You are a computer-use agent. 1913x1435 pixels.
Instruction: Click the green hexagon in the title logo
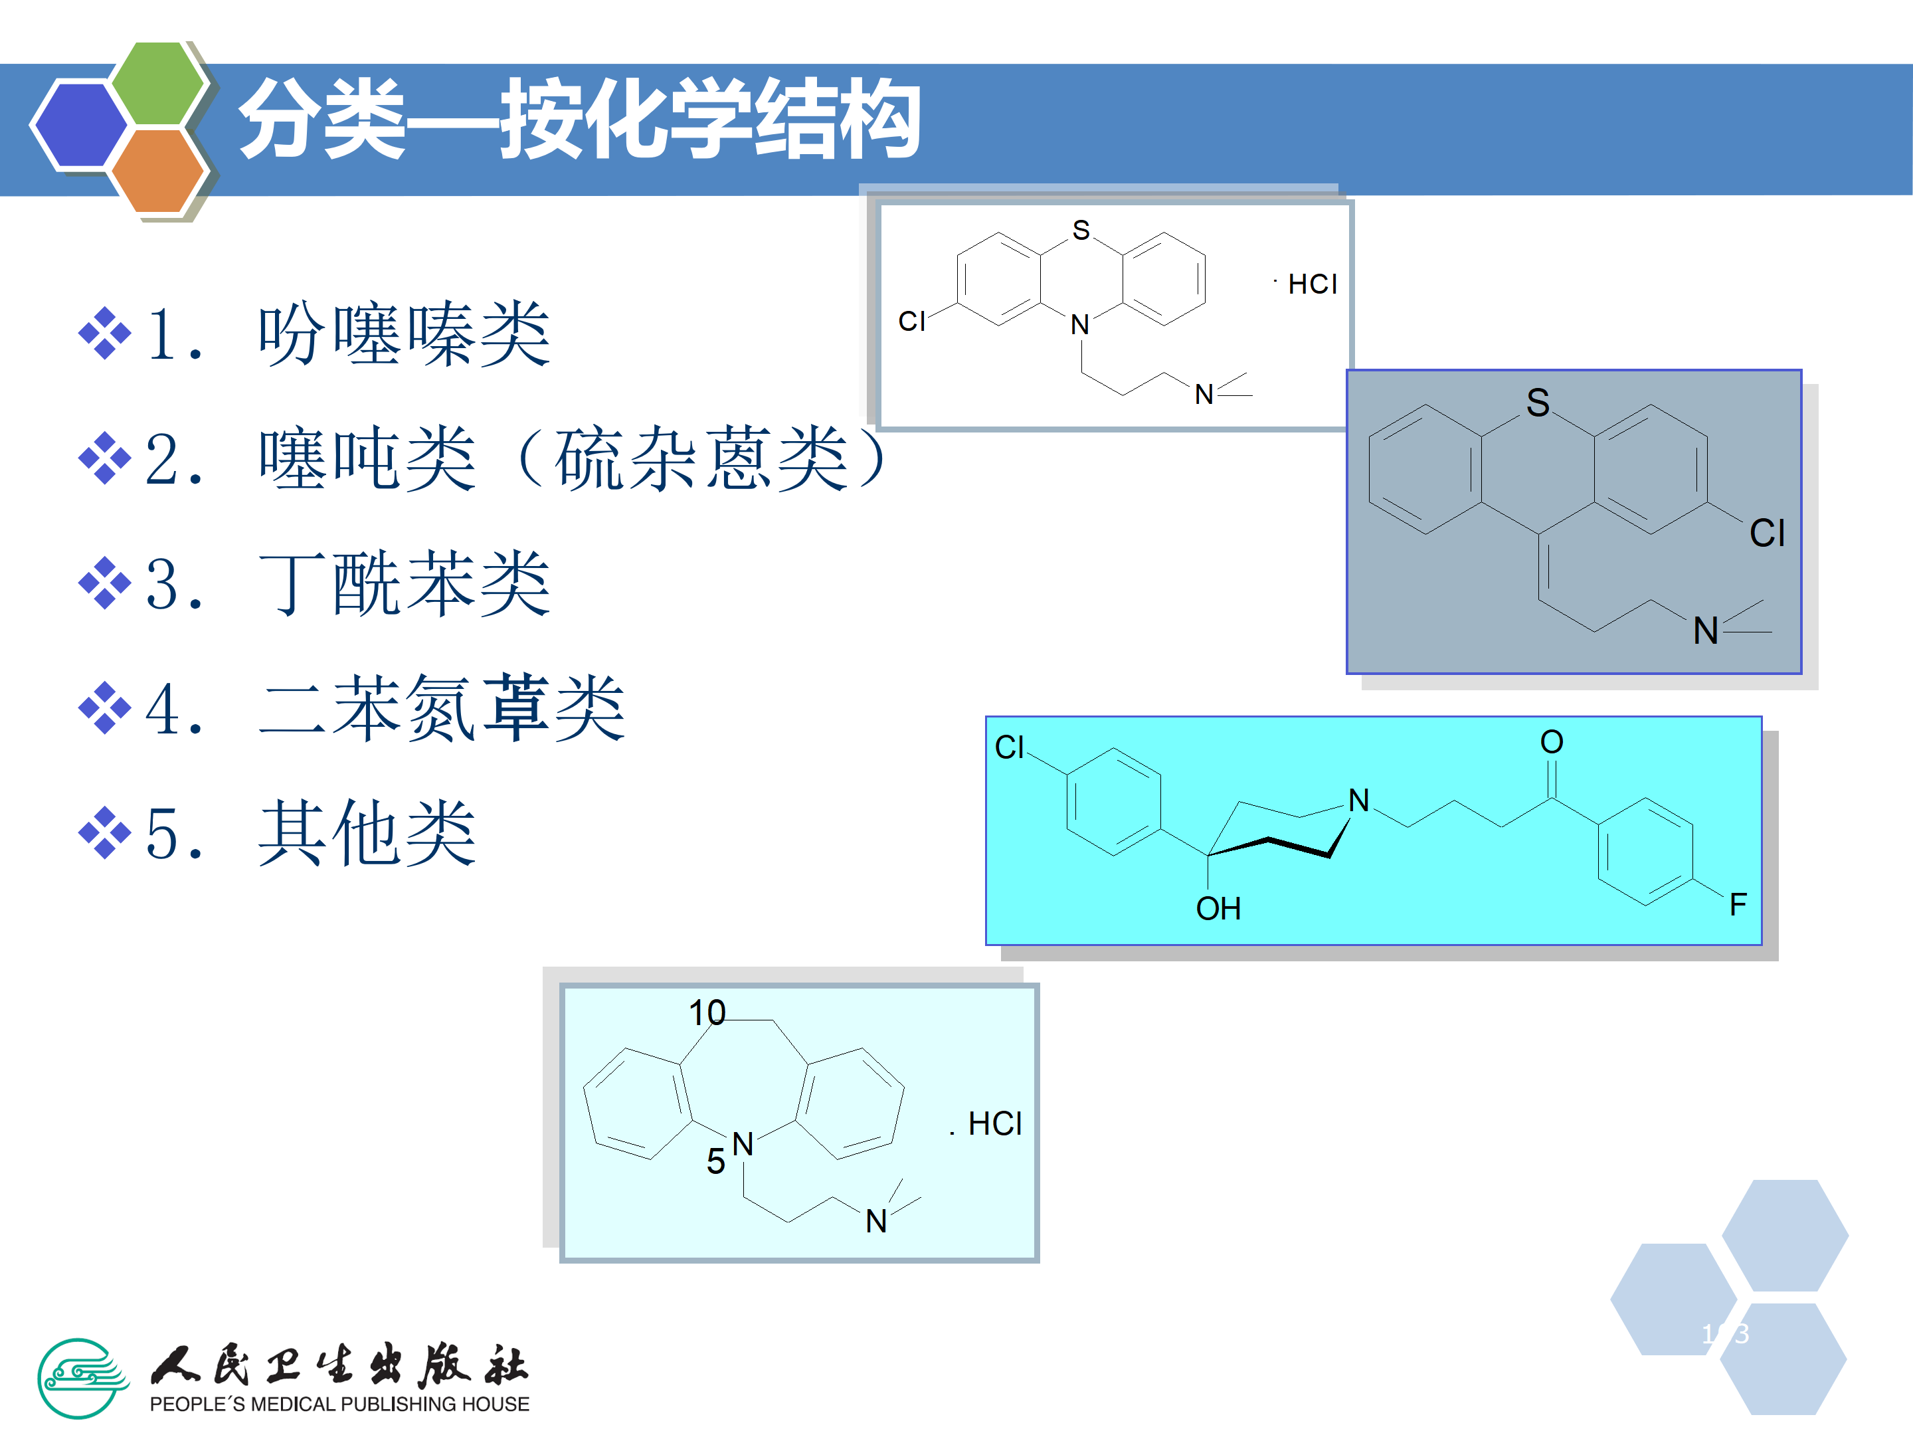tap(158, 83)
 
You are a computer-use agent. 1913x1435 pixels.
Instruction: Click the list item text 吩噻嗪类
tap(404, 335)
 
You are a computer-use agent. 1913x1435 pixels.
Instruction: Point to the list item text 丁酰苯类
tap(404, 584)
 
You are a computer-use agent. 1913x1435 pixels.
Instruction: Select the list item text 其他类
tap(367, 833)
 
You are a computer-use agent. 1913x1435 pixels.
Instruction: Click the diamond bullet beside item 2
tap(105, 458)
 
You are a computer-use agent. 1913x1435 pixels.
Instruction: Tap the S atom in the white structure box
tap(1081, 230)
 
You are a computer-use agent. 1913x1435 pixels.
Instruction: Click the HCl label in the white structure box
tap(1312, 284)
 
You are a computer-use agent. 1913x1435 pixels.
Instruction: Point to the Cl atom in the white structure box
tap(911, 322)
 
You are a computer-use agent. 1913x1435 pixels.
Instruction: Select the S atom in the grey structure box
tap(1538, 403)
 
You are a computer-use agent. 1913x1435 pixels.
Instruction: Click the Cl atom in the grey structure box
tap(1767, 533)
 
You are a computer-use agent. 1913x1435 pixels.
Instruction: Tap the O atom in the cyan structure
tap(1552, 742)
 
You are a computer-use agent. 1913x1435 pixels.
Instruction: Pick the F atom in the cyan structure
tap(1738, 905)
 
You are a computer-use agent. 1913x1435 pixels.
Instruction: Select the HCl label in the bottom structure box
tap(994, 1123)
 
